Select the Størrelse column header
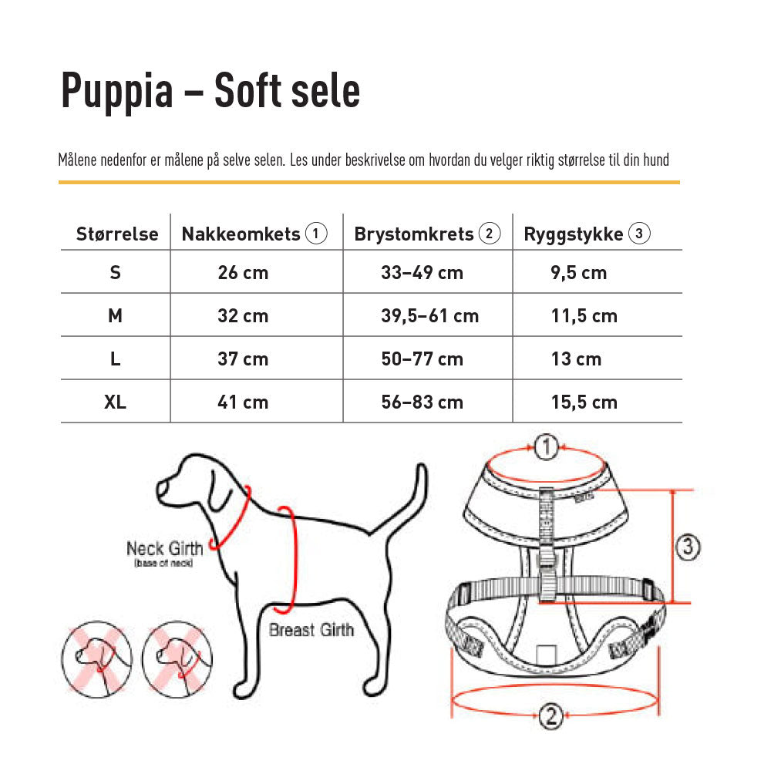117,234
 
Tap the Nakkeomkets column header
241,234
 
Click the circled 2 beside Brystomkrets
490,234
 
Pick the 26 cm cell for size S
243,273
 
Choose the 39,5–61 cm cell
429,316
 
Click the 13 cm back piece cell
576,359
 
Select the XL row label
115,402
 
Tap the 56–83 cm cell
422,402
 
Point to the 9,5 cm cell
578,273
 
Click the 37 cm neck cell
243,359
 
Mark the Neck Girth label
164,549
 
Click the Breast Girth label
311,630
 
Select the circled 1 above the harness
546,447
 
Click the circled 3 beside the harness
688,548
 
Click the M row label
116,316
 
